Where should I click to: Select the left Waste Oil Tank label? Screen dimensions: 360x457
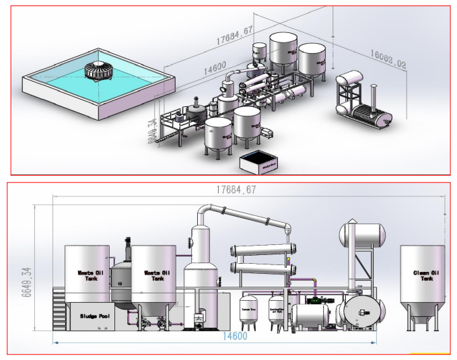click(86, 275)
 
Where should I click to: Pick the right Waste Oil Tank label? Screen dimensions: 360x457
click(156, 275)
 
